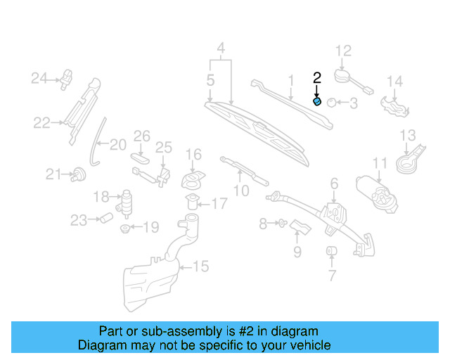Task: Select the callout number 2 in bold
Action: (316, 77)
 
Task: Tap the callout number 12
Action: (342, 51)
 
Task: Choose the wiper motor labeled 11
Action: (378, 191)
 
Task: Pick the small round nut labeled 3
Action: (333, 103)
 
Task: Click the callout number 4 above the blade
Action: (221, 49)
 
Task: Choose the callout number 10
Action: (240, 190)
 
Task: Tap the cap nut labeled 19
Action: (125, 228)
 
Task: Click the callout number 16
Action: (193, 154)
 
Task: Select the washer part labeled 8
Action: (281, 224)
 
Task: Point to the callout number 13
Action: (408, 135)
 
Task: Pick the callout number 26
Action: (142, 135)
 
